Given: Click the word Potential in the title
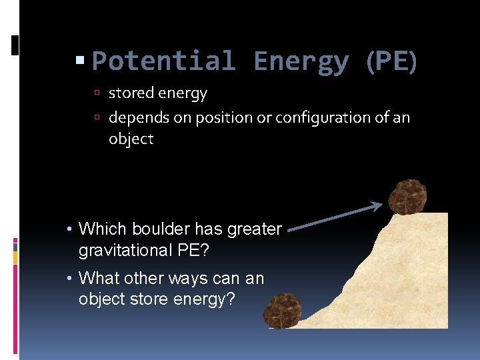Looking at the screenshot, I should [163, 61].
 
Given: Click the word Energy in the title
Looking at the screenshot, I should [301, 61].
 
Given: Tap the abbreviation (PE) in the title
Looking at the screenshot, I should [391, 61].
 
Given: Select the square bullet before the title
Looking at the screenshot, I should [81, 61].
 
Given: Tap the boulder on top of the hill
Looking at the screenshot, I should [407, 197].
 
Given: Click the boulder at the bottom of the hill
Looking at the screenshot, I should [283, 311].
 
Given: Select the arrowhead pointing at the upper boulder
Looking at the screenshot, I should [377, 206].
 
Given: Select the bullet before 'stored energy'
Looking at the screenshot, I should [97, 94].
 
